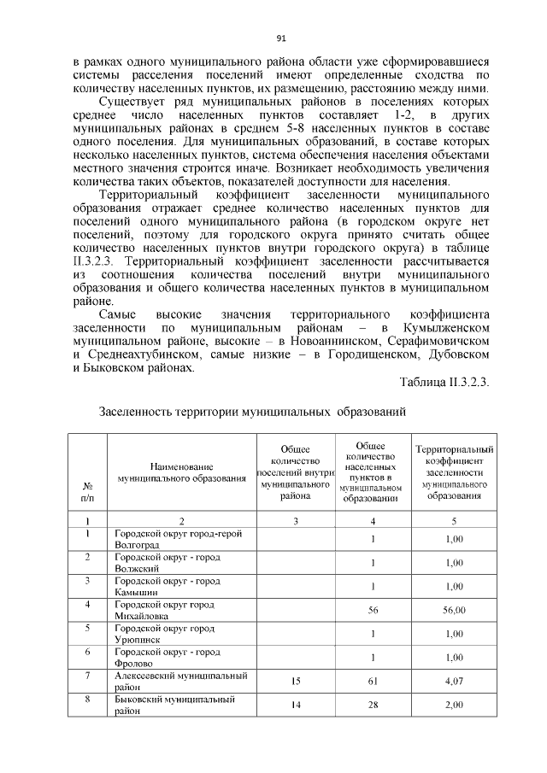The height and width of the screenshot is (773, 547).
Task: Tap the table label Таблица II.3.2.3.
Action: pyautogui.click(x=444, y=382)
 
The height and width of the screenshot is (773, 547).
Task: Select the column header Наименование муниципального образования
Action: pyautogui.click(x=180, y=472)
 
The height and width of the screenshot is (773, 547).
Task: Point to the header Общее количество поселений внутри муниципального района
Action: pyautogui.click(x=294, y=472)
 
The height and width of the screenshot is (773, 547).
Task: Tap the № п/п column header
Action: pyautogui.click(x=87, y=489)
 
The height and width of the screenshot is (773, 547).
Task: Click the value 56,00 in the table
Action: pyautogui.click(x=455, y=610)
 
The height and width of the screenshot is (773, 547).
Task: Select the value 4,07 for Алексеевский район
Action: pyautogui.click(x=455, y=682)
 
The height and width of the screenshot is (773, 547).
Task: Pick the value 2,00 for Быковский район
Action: pyautogui.click(x=455, y=705)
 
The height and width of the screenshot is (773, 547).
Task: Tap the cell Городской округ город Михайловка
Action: pyautogui.click(x=164, y=610)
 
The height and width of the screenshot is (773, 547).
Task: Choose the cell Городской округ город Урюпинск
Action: pyautogui.click(x=164, y=634)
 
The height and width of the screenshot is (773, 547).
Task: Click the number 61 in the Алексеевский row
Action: pyautogui.click(x=373, y=682)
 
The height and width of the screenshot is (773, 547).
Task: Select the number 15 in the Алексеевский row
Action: pyautogui.click(x=294, y=682)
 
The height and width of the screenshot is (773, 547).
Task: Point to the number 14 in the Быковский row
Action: pyautogui.click(x=294, y=705)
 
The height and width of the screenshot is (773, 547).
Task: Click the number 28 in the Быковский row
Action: pyautogui.click(x=373, y=705)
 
